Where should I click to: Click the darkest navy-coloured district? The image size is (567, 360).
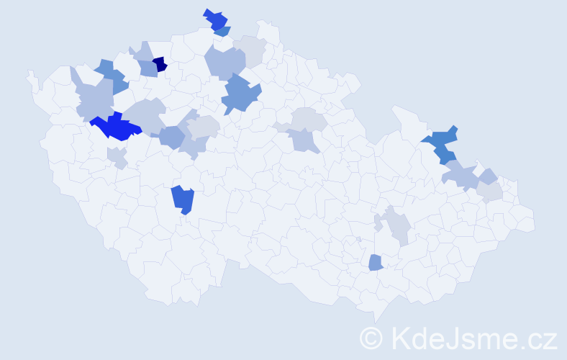click(x=160, y=64)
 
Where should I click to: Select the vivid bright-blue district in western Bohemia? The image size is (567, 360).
click(x=115, y=127)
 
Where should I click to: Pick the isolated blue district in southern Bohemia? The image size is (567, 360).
click(x=183, y=199)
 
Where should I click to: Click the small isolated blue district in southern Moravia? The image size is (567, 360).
click(x=375, y=263)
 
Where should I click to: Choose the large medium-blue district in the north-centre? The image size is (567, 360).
click(x=240, y=96)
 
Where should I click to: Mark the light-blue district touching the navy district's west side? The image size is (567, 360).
click(x=148, y=68)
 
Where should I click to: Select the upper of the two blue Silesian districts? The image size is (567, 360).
click(x=443, y=136)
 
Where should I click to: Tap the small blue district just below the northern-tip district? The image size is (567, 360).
click(x=223, y=32)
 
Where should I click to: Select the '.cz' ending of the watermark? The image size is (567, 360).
click(x=540, y=338)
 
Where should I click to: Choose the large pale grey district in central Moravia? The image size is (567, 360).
click(x=396, y=227)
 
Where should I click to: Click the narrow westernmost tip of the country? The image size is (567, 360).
click(x=30, y=76)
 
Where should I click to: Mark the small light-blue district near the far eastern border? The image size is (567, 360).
click(x=488, y=176)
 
